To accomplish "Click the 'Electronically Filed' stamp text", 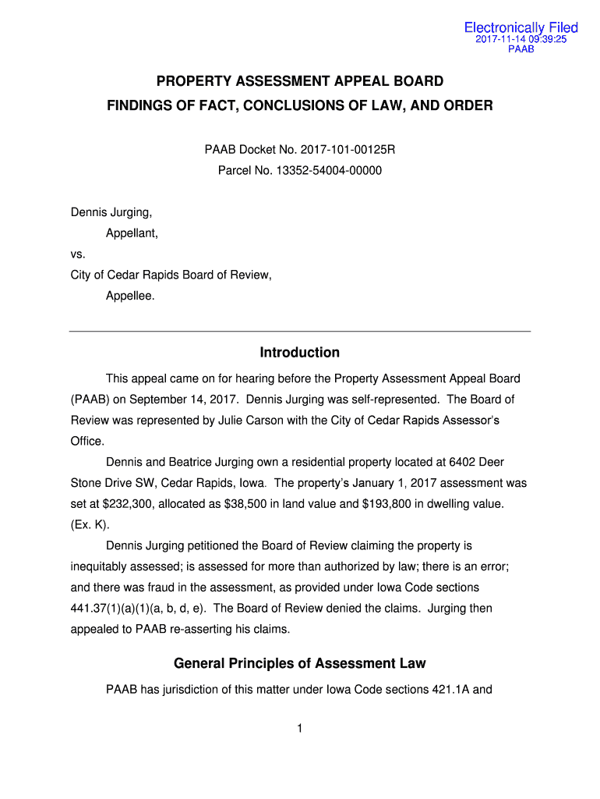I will [521, 28].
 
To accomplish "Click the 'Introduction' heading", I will [300, 353].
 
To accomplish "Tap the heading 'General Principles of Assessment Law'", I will [300, 663].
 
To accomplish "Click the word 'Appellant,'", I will [132, 233].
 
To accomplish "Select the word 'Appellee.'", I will [130, 296].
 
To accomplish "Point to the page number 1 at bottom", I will [300, 729].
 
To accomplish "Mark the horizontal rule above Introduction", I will [300, 332].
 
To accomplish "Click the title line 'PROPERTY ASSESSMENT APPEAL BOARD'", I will [300, 81].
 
